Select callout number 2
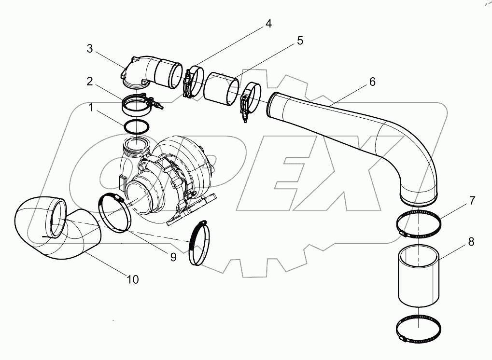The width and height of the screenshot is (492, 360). click(x=90, y=82)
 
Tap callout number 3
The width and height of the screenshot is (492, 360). click(x=90, y=49)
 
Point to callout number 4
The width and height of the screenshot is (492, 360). click(x=267, y=23)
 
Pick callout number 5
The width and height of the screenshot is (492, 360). click(x=300, y=41)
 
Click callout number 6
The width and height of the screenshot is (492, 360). click(x=372, y=82)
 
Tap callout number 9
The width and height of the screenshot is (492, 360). click(x=172, y=257)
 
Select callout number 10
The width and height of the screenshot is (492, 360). click(x=133, y=279)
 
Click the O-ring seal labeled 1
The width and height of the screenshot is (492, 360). click(x=137, y=126)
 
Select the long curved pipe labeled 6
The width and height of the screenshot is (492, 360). click(x=367, y=135)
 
